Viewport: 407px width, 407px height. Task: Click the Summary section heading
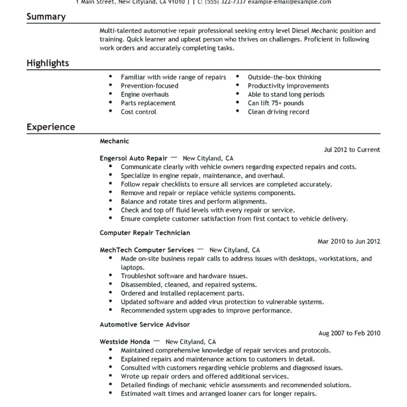46,17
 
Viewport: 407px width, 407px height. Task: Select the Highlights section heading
48,63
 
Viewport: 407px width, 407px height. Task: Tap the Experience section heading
50,127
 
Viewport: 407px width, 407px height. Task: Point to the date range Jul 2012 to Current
352,150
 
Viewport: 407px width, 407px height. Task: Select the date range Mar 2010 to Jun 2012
349,241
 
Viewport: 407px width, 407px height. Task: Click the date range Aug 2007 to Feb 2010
349,333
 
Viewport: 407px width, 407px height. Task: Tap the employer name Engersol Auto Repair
133,158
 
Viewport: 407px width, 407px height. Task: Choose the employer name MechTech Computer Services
147,250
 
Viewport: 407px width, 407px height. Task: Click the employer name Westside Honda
125,342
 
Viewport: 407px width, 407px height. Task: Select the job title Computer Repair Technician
145,233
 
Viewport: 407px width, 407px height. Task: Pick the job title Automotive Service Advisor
145,325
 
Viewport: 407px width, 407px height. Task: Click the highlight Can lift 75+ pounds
275,103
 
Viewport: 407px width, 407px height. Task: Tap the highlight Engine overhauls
145,95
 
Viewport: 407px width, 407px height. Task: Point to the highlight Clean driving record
278,112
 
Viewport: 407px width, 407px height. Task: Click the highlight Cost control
138,112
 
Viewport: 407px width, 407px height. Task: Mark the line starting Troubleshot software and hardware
184,276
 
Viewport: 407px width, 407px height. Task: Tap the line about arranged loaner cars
218,394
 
